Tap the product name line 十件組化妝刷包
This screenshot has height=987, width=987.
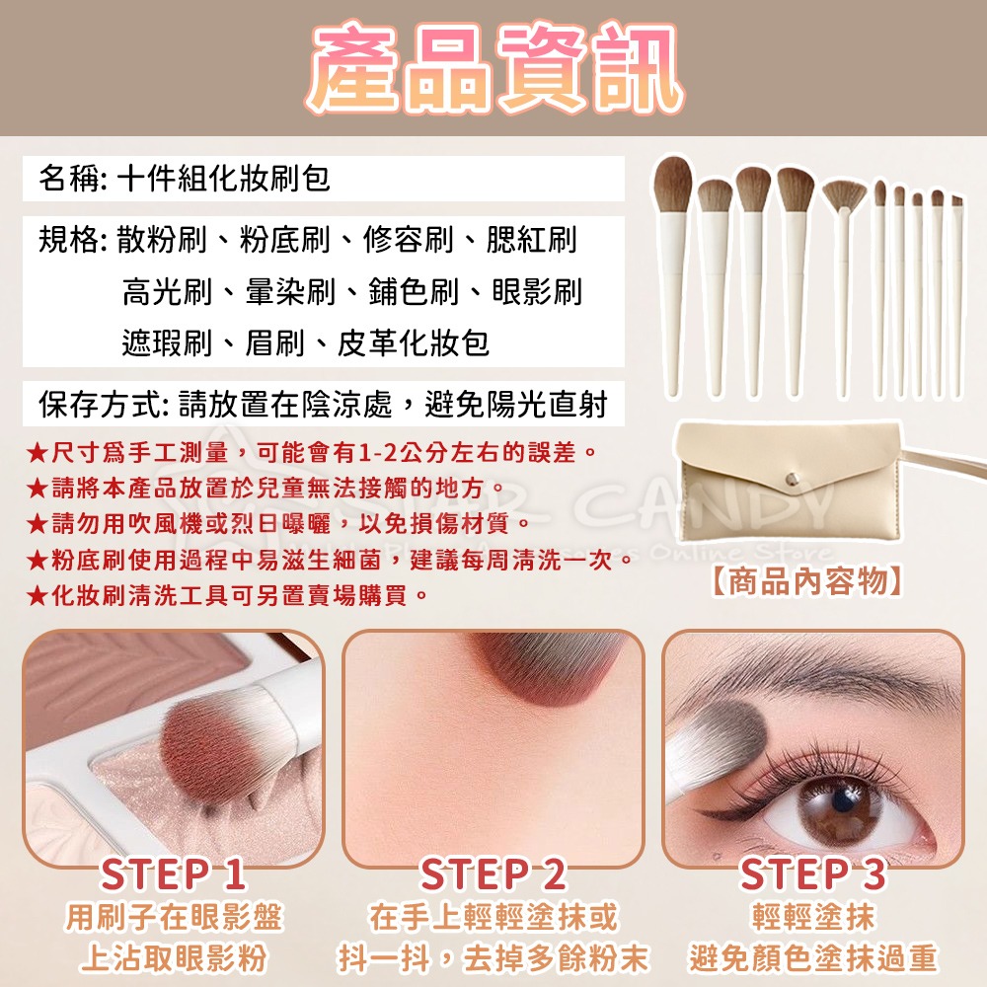point(223,179)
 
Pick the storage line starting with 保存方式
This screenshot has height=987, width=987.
point(323,404)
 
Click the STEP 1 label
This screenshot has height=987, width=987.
point(174,874)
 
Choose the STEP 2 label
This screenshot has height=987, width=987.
point(493,874)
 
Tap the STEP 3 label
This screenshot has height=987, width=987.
point(812,874)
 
